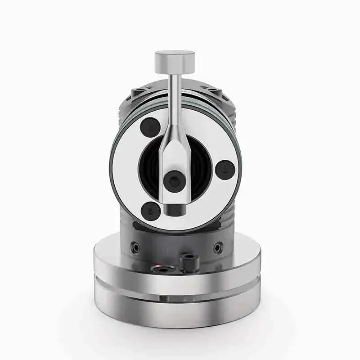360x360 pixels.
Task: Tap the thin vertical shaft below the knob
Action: point(174,97)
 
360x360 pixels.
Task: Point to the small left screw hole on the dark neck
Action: point(134,247)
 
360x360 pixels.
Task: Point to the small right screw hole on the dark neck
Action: point(218,247)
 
